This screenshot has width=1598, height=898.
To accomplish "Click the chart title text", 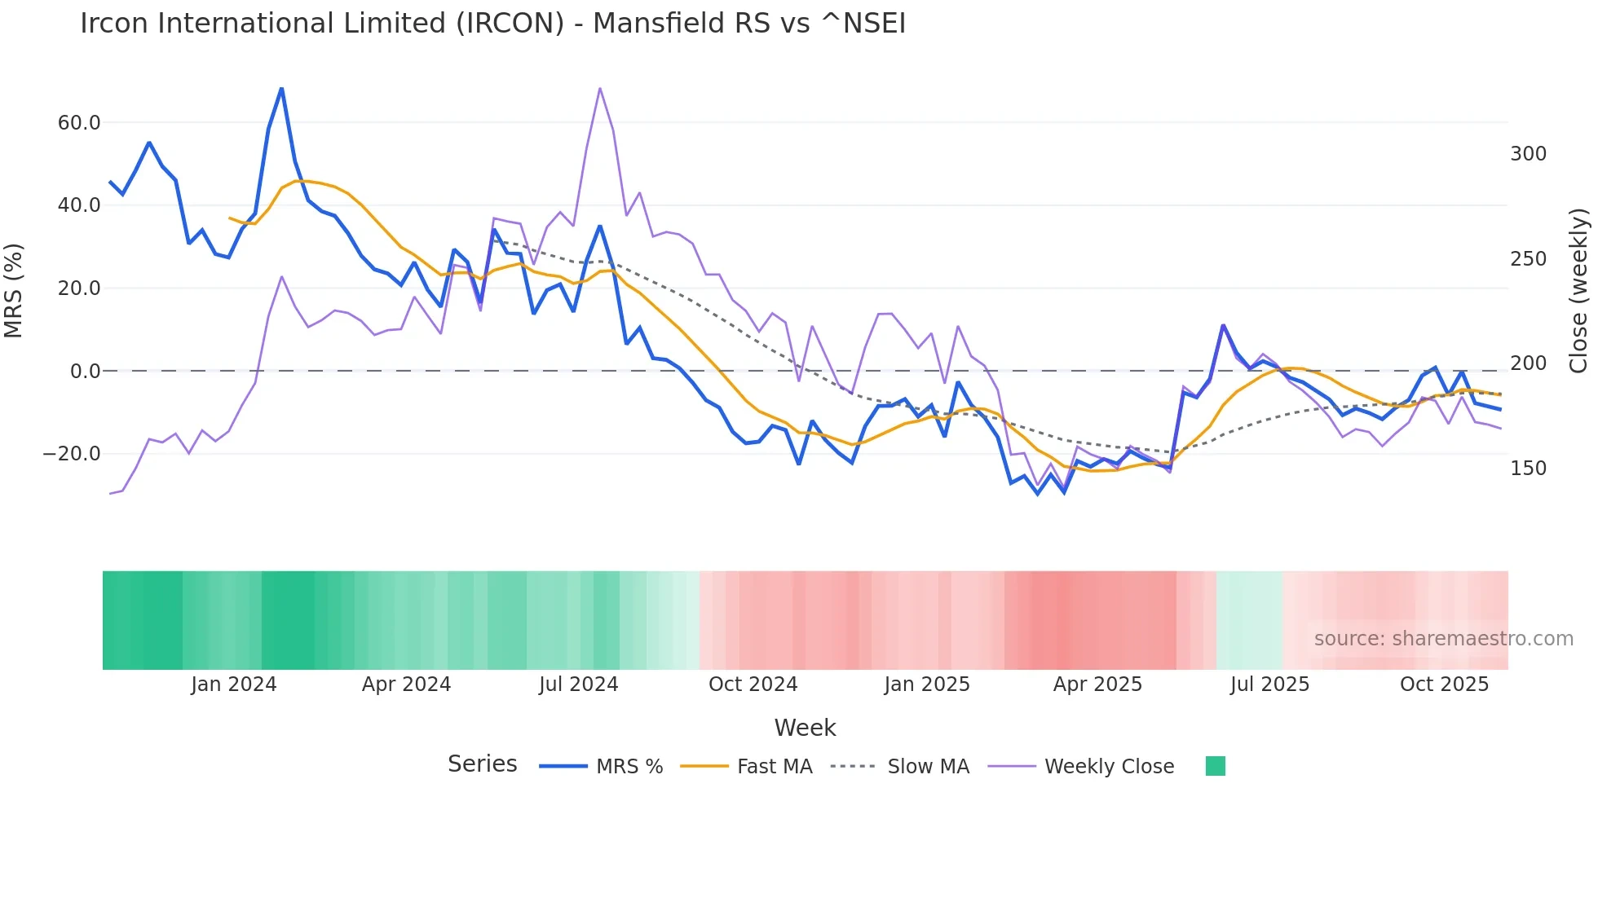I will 492,24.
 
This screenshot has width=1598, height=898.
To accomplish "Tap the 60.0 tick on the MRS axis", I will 79,123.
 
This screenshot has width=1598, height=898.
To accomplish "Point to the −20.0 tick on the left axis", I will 72,454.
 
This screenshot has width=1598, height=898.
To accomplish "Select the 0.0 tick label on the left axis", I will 85,372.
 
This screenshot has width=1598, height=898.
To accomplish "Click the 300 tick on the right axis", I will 1528,154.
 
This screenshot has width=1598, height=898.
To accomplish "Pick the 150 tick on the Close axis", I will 1528,469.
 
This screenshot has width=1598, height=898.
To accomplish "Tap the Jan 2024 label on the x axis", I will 234,685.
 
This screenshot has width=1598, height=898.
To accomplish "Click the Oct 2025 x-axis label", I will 1444,685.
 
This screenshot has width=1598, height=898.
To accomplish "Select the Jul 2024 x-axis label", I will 578,685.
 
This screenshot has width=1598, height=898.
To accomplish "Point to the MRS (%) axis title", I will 14,291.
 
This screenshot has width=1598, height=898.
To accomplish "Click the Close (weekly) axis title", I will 1578,291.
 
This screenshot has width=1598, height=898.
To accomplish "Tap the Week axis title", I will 805,728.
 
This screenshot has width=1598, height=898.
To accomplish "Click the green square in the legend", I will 1215,766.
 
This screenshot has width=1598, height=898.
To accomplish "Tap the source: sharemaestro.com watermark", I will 1443,639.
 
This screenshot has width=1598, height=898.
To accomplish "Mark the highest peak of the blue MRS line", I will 281,88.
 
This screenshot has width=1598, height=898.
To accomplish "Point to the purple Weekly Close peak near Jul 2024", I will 600,88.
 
